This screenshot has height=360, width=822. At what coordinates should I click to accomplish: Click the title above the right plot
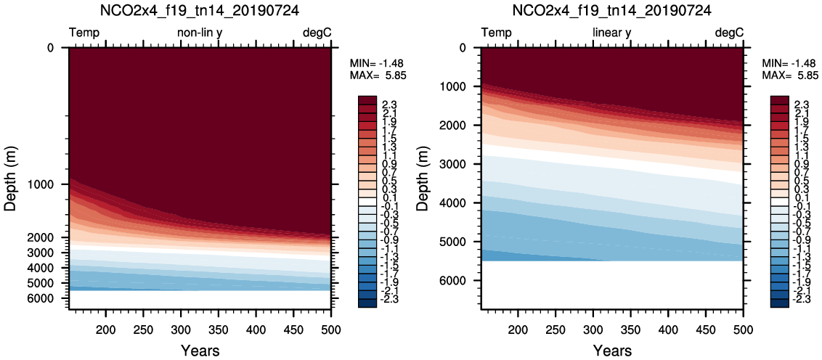[x=611, y=11]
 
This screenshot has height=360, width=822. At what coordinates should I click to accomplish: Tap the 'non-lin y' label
[x=200, y=33]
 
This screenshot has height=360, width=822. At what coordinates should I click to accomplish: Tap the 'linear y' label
[x=612, y=33]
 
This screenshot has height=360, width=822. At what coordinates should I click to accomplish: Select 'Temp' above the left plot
[x=84, y=33]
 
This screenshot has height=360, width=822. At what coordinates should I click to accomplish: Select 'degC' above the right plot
[x=729, y=33]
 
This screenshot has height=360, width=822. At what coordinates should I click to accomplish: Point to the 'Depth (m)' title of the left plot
[x=11, y=179]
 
